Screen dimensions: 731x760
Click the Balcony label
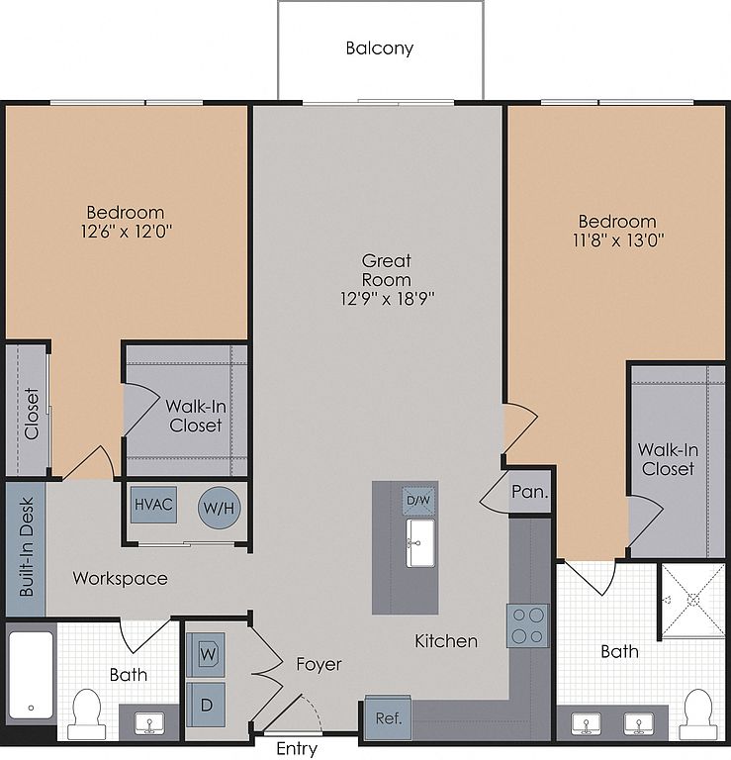379,48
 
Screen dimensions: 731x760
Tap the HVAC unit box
153,505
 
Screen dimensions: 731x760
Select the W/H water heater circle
219,508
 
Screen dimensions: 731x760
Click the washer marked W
206,654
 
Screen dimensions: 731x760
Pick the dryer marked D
206,705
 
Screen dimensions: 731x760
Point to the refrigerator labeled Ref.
389,717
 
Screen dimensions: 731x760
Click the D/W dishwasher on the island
418,500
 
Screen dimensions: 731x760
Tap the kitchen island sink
420,543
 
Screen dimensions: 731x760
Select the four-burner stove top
528,625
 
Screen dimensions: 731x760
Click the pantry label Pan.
530,493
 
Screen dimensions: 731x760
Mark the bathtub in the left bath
31,675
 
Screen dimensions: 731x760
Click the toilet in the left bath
86,713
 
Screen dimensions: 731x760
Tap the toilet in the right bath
698,713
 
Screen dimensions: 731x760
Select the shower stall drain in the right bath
693,600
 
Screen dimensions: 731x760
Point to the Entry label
297,749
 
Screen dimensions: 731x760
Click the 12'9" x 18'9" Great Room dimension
387,299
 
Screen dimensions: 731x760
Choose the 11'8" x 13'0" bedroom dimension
618,239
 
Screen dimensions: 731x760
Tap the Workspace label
120,578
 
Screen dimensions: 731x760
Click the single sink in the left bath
149,723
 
